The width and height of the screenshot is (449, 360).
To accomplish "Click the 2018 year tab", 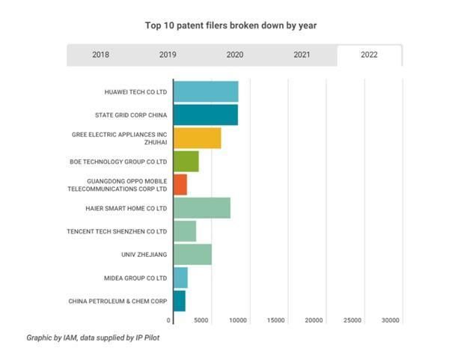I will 100,55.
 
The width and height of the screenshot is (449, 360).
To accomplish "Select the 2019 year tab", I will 168,55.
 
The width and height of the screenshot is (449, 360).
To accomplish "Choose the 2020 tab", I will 234,55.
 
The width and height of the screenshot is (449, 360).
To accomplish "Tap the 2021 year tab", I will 302,55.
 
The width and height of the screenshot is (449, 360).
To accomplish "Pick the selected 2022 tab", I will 369,55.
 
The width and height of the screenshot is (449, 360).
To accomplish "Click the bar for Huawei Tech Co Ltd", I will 206,91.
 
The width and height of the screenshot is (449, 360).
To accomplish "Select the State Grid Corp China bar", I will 205,115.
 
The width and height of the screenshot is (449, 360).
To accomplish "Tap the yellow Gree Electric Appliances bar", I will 197,138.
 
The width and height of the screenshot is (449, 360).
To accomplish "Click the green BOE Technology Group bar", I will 186,161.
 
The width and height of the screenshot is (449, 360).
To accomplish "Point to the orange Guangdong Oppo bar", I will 180,184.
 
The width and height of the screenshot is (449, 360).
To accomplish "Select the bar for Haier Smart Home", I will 201,207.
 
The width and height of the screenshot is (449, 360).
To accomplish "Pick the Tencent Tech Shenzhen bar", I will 184,231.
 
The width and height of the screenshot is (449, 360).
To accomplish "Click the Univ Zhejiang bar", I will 192,254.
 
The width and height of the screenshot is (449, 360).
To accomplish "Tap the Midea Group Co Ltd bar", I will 180,278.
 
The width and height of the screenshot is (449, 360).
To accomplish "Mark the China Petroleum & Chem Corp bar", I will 179,301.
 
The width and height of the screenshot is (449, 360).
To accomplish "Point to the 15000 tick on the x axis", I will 276,320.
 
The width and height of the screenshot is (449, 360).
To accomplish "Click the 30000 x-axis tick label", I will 390,320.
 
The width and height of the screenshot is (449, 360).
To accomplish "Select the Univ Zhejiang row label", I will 144,254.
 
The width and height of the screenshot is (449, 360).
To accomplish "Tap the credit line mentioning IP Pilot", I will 93,338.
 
